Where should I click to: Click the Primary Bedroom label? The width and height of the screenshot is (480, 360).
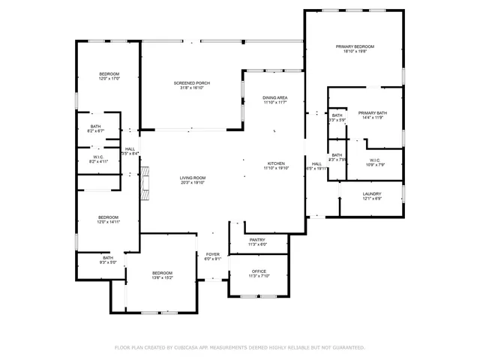354,46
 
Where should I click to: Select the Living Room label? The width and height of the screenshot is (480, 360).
192,178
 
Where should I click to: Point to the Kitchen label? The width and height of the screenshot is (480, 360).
275,163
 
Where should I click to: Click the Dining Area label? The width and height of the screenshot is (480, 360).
275,97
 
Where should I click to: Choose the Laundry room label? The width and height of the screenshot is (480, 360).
372,193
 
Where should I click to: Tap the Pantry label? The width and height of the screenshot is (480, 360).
258,239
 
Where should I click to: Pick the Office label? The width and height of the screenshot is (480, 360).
258,271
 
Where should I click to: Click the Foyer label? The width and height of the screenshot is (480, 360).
213,254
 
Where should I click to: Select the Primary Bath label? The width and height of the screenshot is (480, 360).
373,112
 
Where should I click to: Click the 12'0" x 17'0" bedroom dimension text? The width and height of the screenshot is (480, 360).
109,78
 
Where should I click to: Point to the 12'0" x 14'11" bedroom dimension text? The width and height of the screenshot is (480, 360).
109,222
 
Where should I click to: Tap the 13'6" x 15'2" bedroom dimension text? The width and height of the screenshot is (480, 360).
163,277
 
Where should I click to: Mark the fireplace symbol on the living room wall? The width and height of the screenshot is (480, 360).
146,184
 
